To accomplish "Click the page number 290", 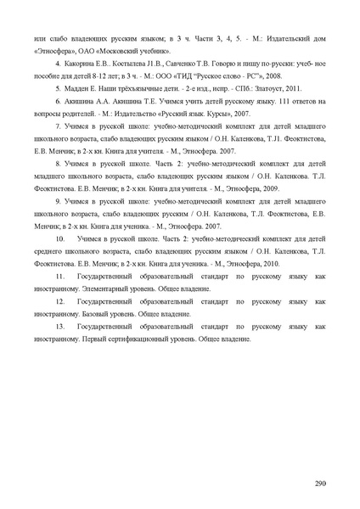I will click(x=320, y=484).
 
